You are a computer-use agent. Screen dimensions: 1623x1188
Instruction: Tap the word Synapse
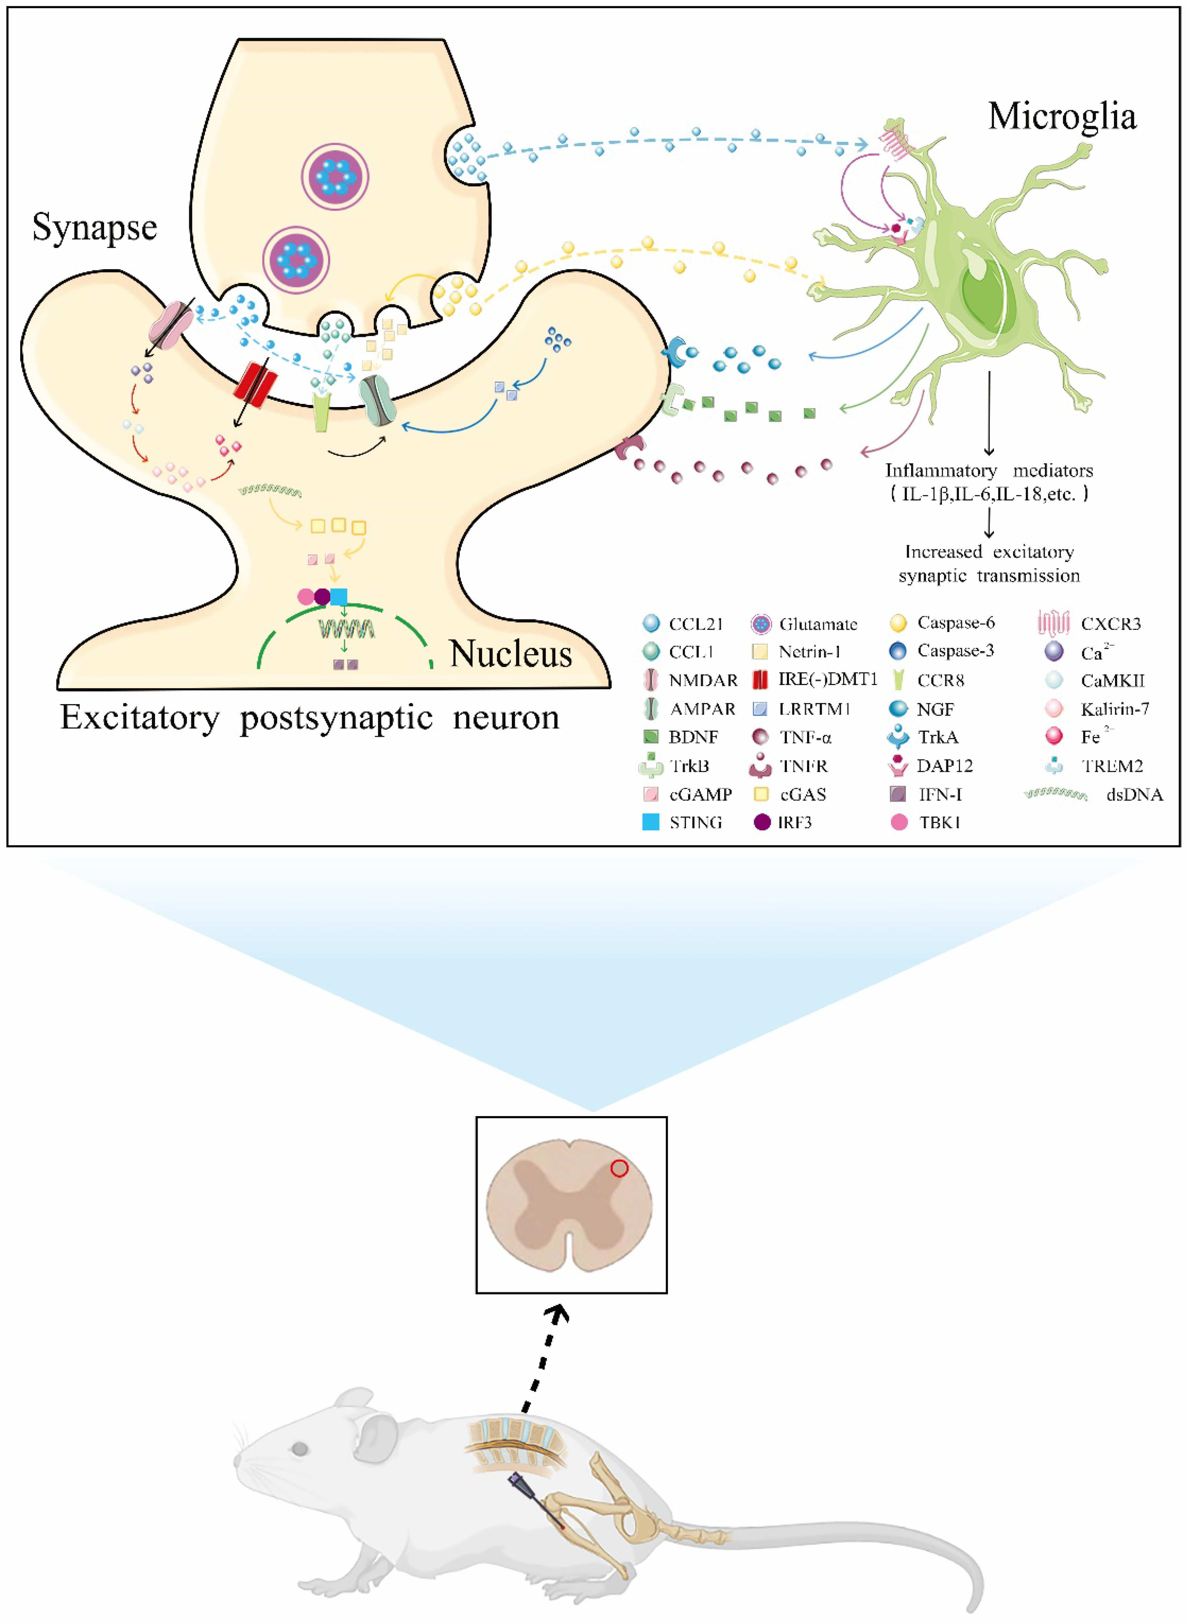(x=94, y=228)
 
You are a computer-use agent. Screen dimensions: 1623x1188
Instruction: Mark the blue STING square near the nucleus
(x=339, y=596)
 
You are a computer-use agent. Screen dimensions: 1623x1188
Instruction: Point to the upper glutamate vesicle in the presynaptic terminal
(x=334, y=176)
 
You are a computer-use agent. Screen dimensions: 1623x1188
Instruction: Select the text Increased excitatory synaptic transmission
(x=989, y=563)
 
